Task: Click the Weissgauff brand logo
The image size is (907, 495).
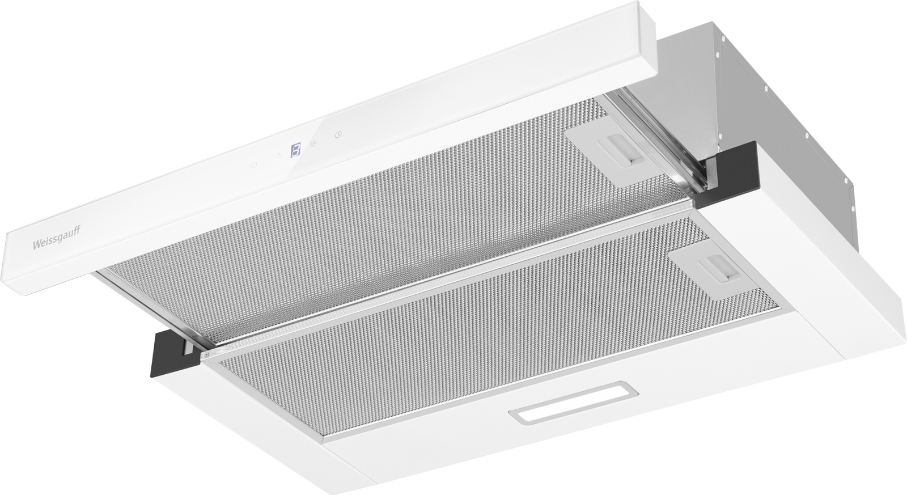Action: (x=56, y=239)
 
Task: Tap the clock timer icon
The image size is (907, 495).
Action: (x=338, y=134)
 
